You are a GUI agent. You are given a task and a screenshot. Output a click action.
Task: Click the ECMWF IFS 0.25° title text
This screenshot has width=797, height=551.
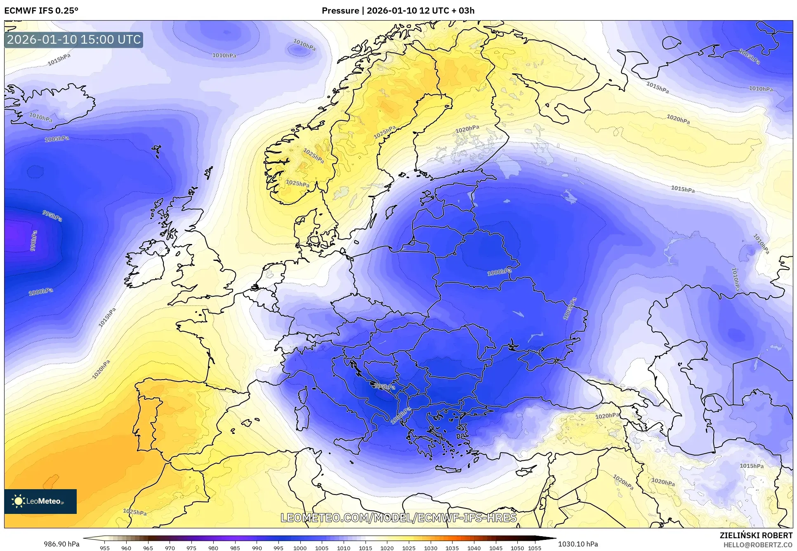point(41,10)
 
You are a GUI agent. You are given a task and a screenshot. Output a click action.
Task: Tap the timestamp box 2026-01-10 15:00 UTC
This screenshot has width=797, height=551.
point(74,40)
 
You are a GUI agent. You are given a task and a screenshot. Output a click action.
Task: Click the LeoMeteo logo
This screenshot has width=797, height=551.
point(40,501)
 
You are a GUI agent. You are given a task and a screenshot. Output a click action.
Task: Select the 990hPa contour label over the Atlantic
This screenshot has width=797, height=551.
point(34,240)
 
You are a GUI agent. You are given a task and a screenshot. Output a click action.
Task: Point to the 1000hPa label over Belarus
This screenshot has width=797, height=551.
point(499,272)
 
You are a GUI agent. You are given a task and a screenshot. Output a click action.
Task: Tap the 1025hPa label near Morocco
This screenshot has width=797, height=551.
point(134,512)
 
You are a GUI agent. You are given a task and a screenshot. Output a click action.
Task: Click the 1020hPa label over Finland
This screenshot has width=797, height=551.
point(467,129)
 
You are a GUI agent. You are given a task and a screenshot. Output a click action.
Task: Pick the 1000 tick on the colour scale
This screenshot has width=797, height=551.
point(300,548)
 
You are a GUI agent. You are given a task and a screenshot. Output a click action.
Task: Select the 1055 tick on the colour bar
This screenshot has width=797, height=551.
point(535,548)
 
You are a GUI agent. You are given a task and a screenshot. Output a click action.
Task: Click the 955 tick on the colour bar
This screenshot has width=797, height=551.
point(105,548)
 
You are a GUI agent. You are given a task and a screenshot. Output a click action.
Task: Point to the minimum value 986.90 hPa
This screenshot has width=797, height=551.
point(61,544)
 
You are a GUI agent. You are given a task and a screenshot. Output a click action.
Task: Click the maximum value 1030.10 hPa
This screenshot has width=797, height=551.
point(578,544)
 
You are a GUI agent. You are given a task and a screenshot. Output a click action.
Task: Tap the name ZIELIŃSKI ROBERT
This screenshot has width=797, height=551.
point(756,536)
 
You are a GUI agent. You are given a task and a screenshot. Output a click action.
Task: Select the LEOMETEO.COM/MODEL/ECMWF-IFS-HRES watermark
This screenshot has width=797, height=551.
point(398,518)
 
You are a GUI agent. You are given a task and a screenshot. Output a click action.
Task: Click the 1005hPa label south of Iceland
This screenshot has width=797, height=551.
point(57,139)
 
